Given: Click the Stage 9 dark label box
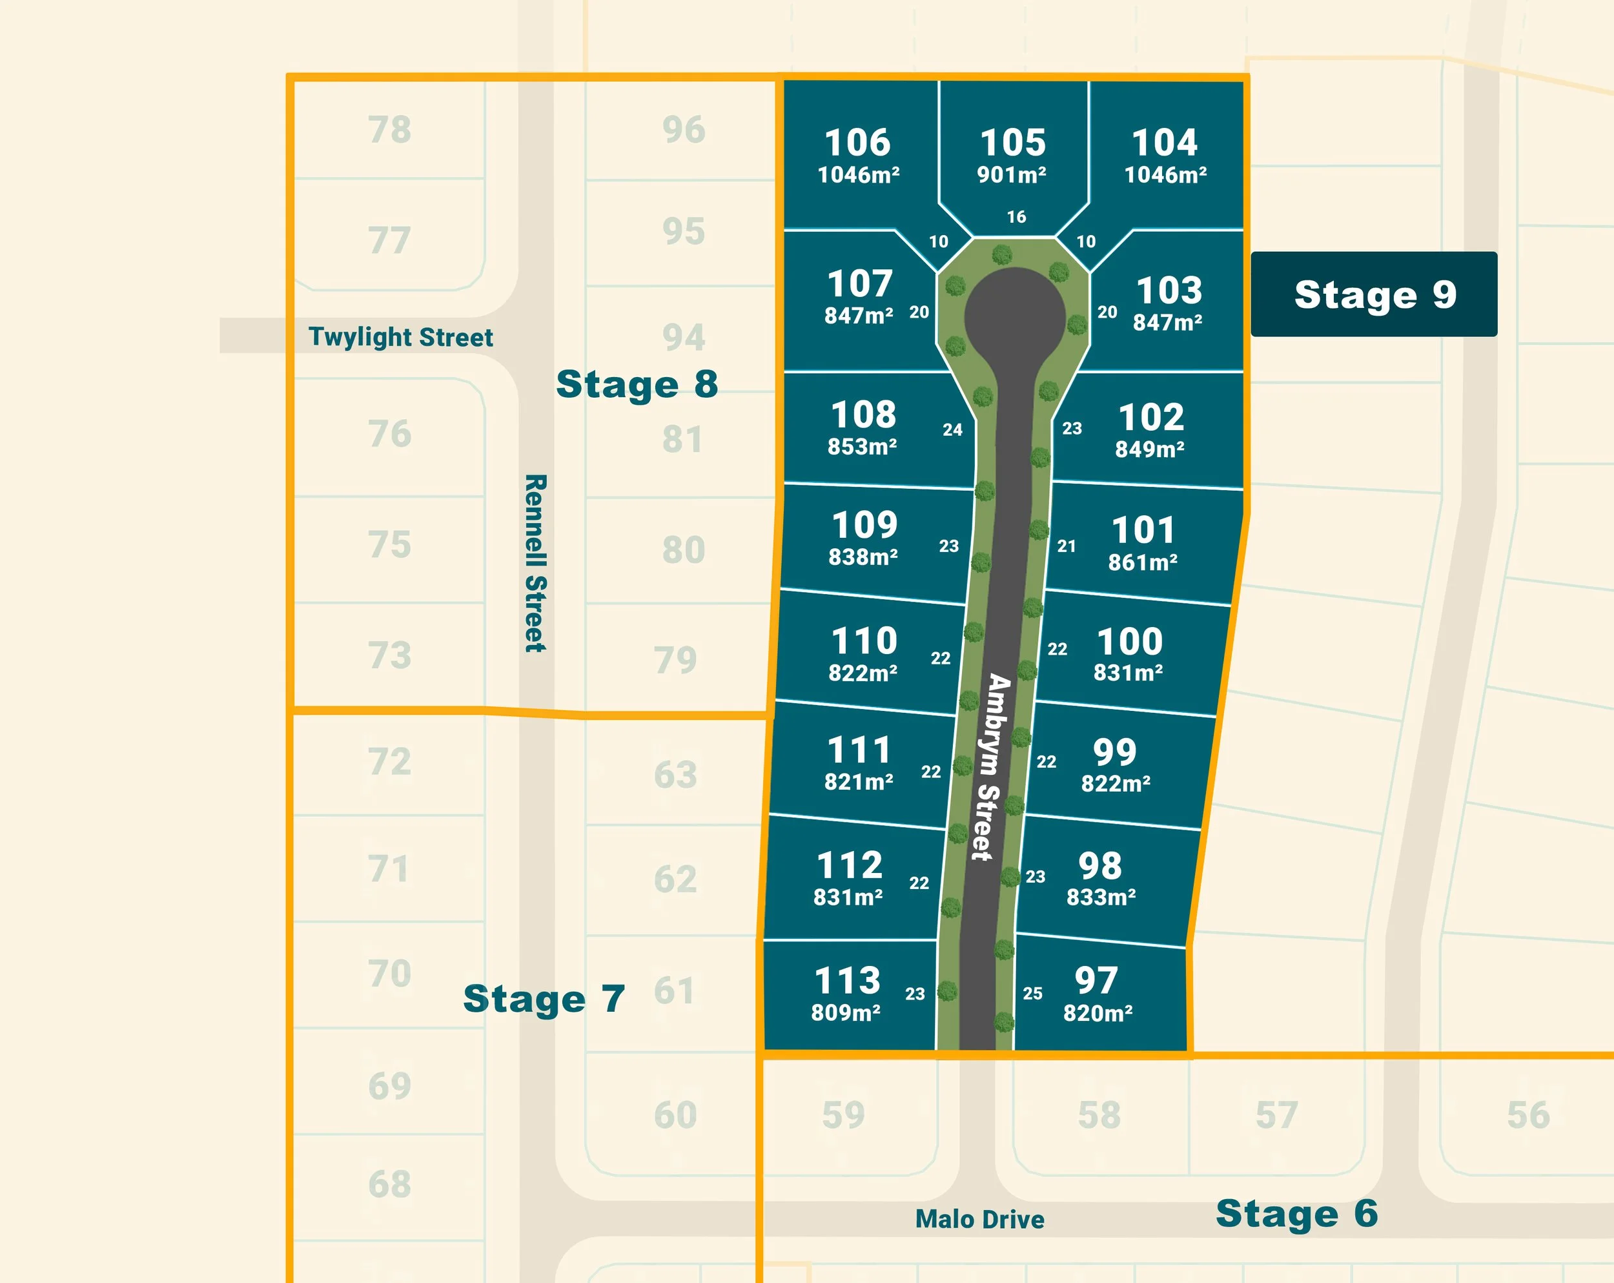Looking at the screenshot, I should pos(1374,294).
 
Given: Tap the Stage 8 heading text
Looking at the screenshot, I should pos(637,384).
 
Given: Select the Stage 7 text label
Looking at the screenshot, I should pos(544,998).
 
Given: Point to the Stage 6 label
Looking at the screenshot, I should pos(1296,1213).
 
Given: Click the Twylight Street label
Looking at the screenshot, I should pos(400,337).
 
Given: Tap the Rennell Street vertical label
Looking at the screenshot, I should pos(535,563).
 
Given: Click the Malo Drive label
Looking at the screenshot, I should pos(979,1219).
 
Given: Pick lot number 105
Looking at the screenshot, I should pos(1013,142).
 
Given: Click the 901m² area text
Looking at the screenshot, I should pos(1012,175).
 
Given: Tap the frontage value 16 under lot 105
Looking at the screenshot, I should pos(1016,217).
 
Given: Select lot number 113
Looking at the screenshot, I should pos(848,981).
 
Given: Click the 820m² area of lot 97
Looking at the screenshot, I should pos(1098,1014).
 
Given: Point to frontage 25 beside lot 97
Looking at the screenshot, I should pos(1032,993).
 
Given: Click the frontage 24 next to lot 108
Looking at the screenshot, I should pos(952,429).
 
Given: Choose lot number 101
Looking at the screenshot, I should pos(1143,530).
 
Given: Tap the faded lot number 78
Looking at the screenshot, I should pos(389,130).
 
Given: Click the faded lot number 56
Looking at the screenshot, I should pos(1528,1114).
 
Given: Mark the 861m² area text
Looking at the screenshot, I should pos(1142,563).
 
